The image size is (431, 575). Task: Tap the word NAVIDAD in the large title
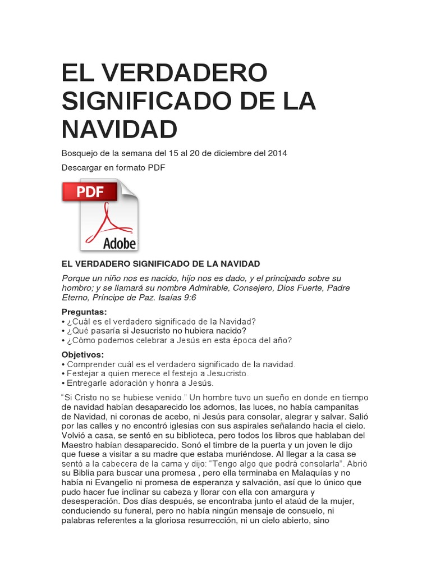pos(120,129)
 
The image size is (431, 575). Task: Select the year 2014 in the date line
pos(277,153)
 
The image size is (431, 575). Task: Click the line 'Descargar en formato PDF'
pos(113,167)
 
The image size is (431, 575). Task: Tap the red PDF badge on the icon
pos(90,192)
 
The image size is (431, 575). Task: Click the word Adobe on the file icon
pos(120,243)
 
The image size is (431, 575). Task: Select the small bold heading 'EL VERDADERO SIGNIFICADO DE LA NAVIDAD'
pos(161,263)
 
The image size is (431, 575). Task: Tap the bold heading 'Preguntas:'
pos(84,312)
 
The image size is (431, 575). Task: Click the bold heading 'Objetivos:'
pos(82,355)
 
